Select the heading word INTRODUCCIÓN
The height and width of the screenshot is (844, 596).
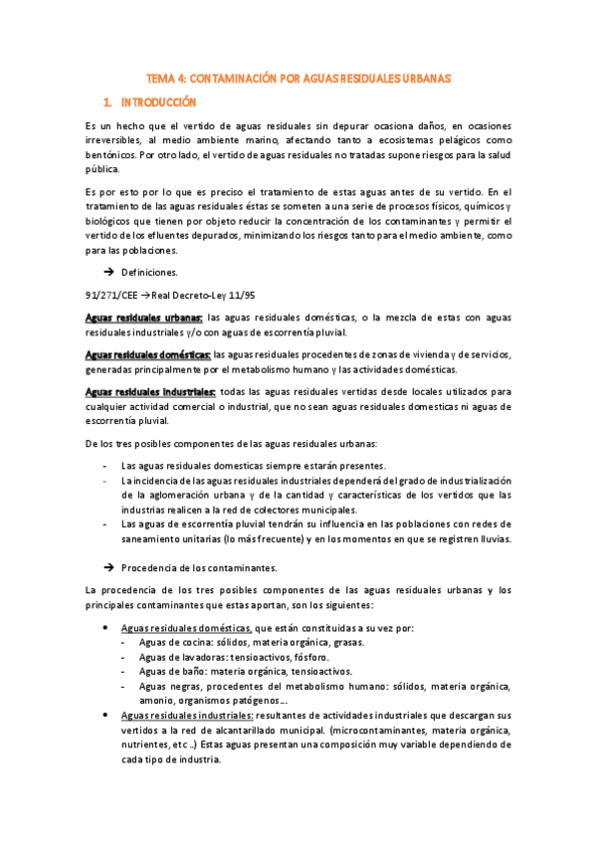coord(158,103)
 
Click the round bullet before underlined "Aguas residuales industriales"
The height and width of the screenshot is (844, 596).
coord(106,716)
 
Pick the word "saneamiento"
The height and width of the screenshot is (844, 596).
coord(155,539)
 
